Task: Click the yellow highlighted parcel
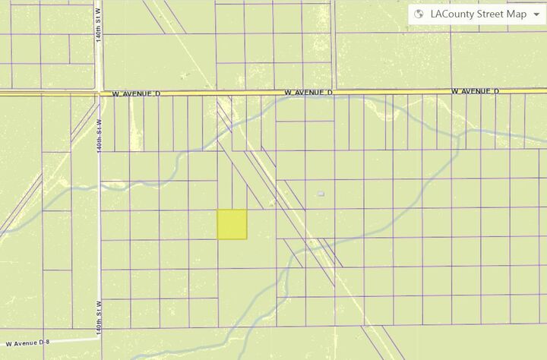click(x=232, y=224)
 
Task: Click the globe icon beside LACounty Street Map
click(x=419, y=14)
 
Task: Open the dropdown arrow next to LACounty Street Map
click(x=536, y=14)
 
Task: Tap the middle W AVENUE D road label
click(x=308, y=91)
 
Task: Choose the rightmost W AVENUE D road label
click(x=475, y=90)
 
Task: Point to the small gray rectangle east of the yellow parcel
click(x=321, y=194)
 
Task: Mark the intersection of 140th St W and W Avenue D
click(x=100, y=93)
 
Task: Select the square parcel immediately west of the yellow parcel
click(x=203, y=224)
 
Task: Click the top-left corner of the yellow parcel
click(x=218, y=210)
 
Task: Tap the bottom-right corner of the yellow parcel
click(x=247, y=239)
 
